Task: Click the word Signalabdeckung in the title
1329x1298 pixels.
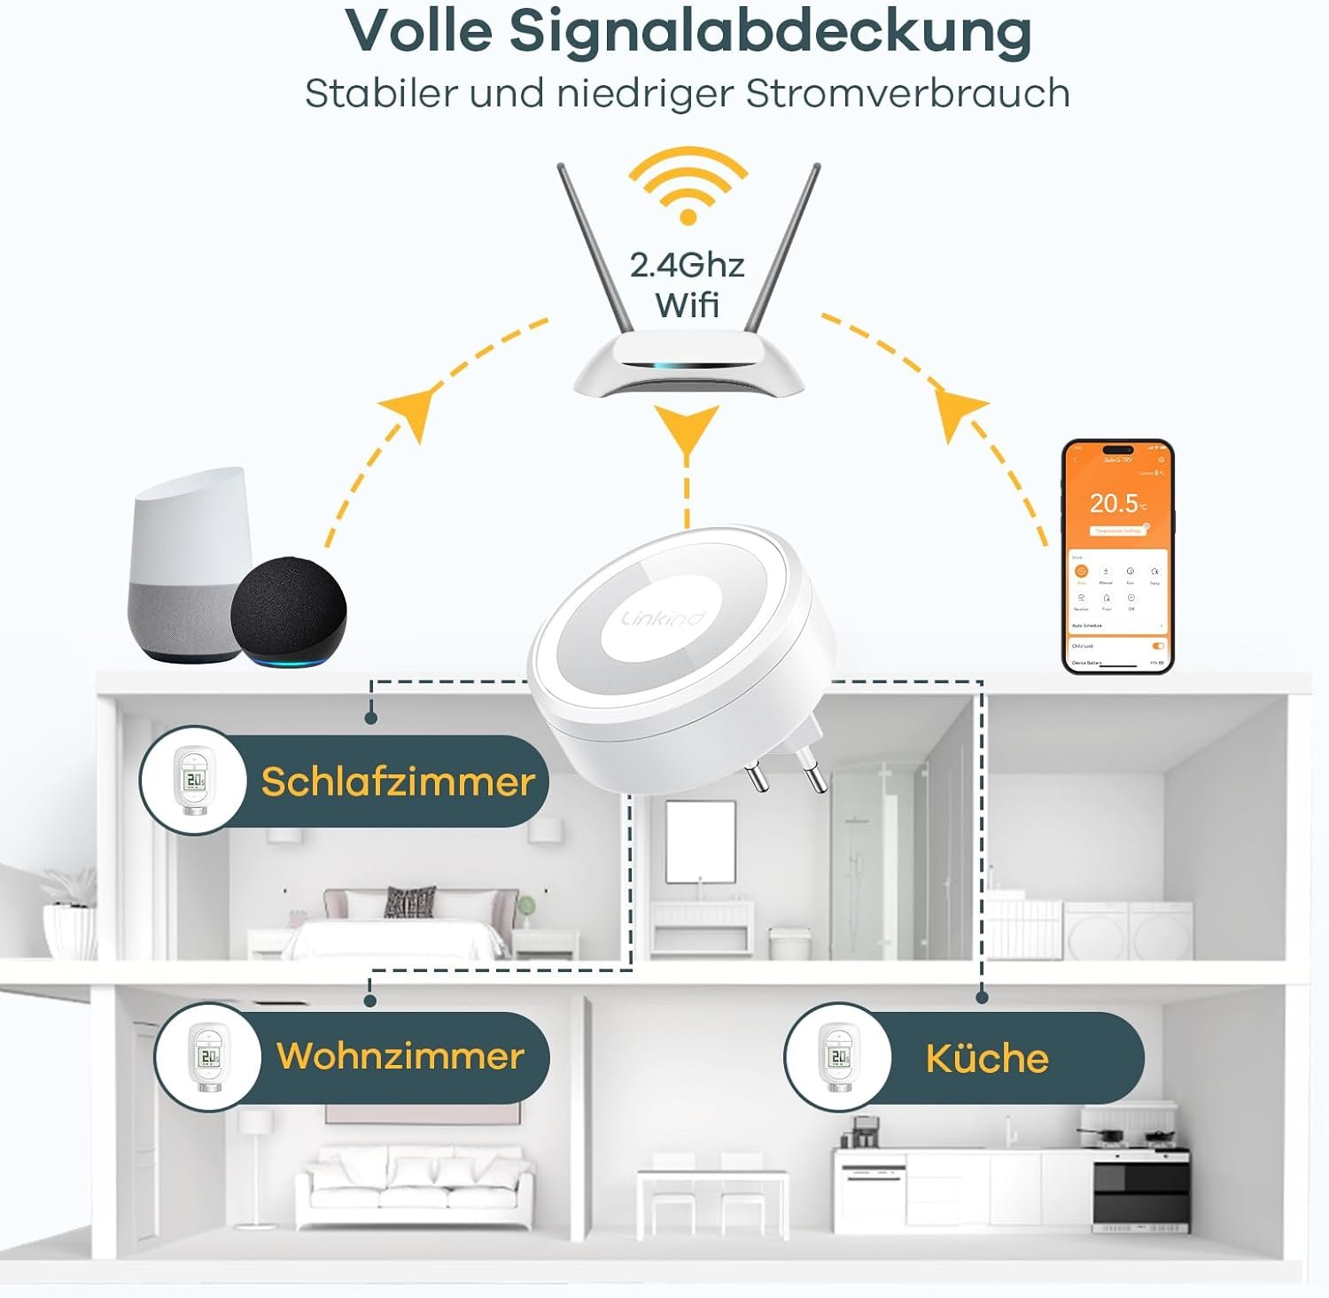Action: click(770, 33)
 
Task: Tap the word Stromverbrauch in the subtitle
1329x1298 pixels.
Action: click(907, 94)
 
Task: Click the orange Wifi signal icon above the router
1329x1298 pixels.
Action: click(688, 186)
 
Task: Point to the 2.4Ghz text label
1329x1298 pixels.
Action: click(687, 265)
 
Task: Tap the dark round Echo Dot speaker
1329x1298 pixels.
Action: click(288, 611)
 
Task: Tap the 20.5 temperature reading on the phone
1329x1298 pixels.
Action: click(1115, 503)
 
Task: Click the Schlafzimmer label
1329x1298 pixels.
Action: click(398, 781)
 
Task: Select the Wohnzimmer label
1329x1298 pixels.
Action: click(400, 1056)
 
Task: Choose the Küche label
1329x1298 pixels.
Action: click(987, 1058)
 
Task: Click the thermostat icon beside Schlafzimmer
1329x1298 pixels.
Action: click(192, 780)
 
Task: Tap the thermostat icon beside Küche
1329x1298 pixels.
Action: click(835, 1056)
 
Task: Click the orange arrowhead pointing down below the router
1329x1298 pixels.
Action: click(687, 429)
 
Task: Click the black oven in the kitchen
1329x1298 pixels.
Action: click(1141, 1192)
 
